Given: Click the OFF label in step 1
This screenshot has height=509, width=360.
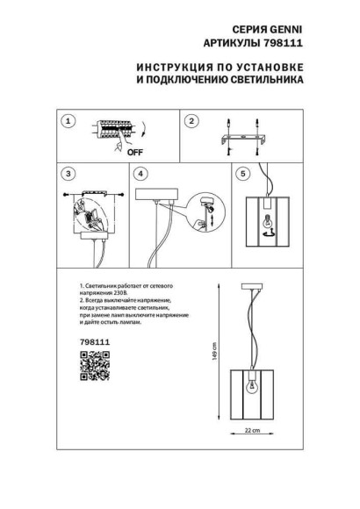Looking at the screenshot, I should coord(111,151).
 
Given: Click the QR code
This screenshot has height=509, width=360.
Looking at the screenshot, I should coord(94,365).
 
